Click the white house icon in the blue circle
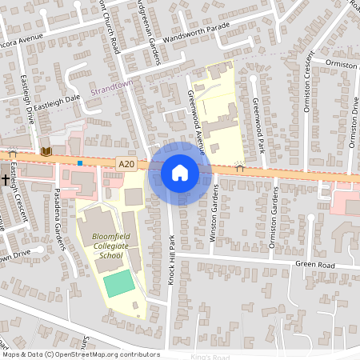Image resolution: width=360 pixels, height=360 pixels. [x=180, y=173]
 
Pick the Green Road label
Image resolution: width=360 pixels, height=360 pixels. [x=314, y=264]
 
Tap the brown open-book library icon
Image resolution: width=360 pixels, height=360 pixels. [x=46, y=150]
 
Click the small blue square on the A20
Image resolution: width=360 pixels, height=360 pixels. [x=80, y=163]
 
